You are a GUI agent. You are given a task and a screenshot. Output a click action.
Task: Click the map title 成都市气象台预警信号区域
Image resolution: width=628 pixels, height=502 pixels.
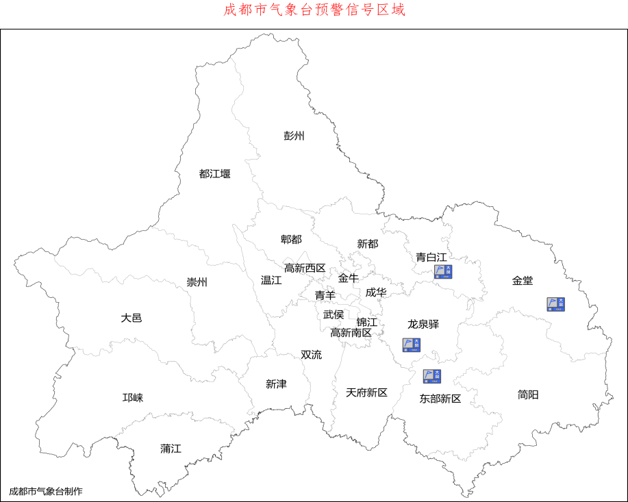click(314, 10)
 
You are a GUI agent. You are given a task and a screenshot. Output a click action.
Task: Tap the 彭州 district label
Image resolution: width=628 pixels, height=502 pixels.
click(294, 136)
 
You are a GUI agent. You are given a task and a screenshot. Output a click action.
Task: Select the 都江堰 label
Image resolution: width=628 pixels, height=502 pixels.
click(214, 174)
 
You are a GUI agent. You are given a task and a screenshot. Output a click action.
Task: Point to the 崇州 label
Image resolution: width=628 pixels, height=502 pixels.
click(197, 282)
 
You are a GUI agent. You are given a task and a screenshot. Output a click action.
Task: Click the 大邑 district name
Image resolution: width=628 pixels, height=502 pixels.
click(131, 318)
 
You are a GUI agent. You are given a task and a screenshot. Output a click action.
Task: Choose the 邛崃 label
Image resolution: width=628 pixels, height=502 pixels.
click(133, 398)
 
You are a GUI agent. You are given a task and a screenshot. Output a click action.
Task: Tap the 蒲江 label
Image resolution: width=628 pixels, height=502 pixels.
click(171, 449)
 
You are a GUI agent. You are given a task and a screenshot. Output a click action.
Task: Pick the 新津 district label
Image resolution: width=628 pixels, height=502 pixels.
click(276, 384)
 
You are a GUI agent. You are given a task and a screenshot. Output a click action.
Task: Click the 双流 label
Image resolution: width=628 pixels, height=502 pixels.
click(311, 355)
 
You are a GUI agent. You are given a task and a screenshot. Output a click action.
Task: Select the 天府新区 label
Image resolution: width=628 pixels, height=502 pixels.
click(366, 392)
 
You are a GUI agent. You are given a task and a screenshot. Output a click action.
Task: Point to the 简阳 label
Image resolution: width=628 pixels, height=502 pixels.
click(528, 394)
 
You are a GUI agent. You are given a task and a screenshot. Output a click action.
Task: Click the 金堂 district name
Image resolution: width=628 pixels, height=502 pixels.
click(522, 281)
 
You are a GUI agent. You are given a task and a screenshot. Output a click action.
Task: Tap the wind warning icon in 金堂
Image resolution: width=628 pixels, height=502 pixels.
click(555, 304)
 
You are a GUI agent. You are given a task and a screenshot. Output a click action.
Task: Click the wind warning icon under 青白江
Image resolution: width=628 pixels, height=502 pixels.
click(443, 272)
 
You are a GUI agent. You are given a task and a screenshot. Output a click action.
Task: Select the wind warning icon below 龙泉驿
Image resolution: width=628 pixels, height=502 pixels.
click(411, 344)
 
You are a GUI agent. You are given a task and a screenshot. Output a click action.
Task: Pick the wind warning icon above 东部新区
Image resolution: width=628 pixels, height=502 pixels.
click(431, 376)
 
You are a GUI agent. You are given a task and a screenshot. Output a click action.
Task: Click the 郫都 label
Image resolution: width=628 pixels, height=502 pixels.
click(291, 239)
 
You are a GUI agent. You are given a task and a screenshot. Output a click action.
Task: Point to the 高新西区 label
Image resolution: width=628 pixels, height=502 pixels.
click(305, 268)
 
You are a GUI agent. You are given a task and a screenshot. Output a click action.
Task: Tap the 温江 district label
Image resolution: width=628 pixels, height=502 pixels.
click(271, 280)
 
